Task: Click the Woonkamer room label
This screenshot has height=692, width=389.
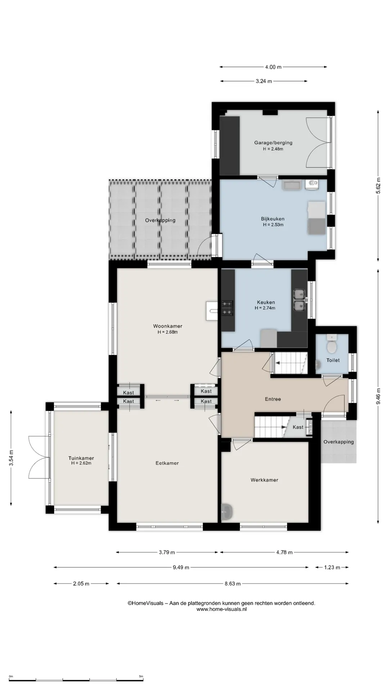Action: coord(167,326)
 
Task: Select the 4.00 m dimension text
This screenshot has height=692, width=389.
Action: coord(273,67)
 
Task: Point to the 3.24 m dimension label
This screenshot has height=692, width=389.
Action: coord(264,81)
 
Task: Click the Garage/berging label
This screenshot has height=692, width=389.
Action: coord(273,142)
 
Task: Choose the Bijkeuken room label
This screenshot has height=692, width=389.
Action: coord(273,219)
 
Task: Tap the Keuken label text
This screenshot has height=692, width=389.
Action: coord(266,302)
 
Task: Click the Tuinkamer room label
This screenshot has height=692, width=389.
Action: coord(81,458)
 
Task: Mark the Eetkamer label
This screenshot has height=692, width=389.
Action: coord(167,463)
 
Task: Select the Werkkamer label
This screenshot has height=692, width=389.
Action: coord(264,480)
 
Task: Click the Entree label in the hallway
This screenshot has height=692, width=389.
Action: coord(273,399)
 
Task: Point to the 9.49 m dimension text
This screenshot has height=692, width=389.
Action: coord(181,567)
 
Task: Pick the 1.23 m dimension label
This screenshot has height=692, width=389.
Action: coord(332,567)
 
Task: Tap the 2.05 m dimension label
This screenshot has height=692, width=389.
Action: coord(81,584)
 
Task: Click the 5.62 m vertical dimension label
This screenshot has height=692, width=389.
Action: coord(378,186)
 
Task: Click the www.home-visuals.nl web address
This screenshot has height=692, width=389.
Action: coord(222,609)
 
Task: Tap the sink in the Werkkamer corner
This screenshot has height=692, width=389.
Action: coord(227,511)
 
